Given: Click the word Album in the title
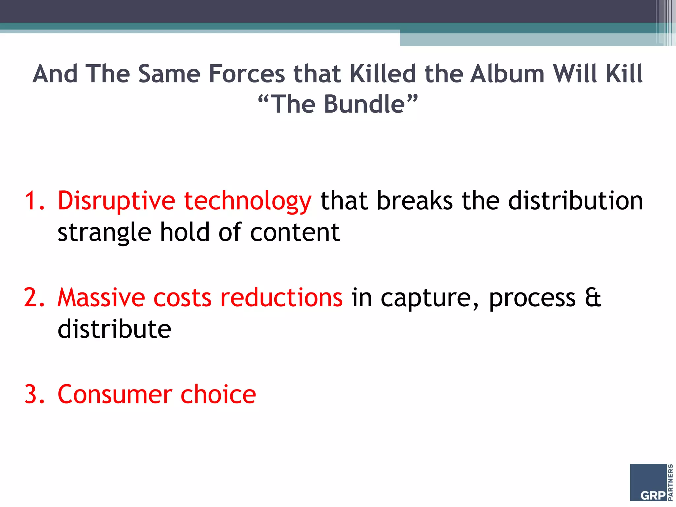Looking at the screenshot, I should pyautogui.click(x=507, y=74).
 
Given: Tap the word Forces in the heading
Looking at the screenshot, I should pyautogui.click(x=247, y=74).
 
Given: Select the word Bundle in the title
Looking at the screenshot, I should pyautogui.click(x=364, y=104).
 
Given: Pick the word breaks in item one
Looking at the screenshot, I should pyautogui.click(x=415, y=201).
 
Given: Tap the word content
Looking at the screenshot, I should pyautogui.click(x=295, y=232).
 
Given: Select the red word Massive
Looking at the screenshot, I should pyautogui.click(x=101, y=298).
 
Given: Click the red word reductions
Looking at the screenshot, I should pyautogui.click(x=281, y=298).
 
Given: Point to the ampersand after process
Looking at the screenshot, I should pyautogui.click(x=593, y=298).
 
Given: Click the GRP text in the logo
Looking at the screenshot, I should pyautogui.click(x=653, y=495).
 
